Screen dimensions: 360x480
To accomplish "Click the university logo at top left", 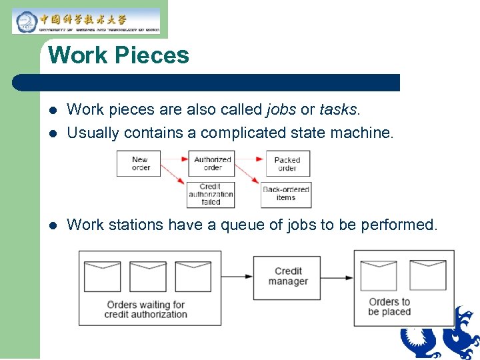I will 86,21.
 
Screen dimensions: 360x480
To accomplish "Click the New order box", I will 139,163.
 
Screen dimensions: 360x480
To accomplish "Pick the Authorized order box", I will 212,163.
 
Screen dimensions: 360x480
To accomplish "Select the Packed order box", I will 287,164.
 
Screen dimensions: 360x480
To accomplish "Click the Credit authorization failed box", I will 211,194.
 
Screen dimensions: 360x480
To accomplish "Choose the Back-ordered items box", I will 286,194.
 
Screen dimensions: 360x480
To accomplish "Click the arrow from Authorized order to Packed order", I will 250,160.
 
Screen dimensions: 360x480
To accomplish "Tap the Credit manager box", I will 288,276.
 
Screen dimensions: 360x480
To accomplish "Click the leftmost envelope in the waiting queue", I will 102,276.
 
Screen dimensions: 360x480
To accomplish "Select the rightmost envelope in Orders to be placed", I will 427,274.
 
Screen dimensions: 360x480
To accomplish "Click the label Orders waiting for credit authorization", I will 145,309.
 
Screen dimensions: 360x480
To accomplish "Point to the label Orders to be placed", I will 389,307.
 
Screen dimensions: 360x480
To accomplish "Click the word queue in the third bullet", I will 243,225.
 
